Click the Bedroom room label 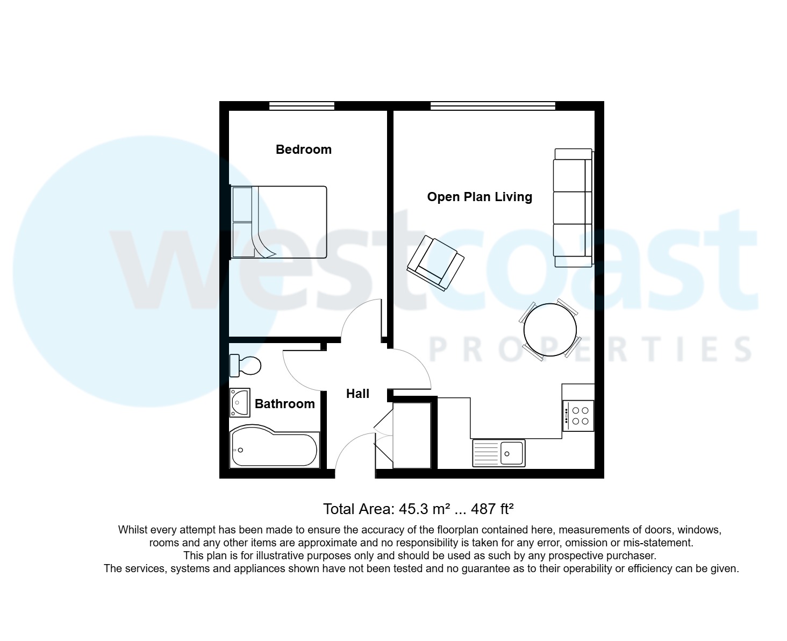pos(303,149)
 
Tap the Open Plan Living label pos(480,197)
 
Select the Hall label pos(357,394)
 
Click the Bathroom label pos(284,404)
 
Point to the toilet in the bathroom pos(245,366)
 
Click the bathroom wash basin pos(240,402)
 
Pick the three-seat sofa pos(573,208)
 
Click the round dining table pos(550,330)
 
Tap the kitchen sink pos(499,453)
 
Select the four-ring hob pos(578,416)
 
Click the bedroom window pos(302,105)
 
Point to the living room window pos(492,105)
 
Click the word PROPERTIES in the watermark pos(590,350)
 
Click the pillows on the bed pos(242,222)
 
